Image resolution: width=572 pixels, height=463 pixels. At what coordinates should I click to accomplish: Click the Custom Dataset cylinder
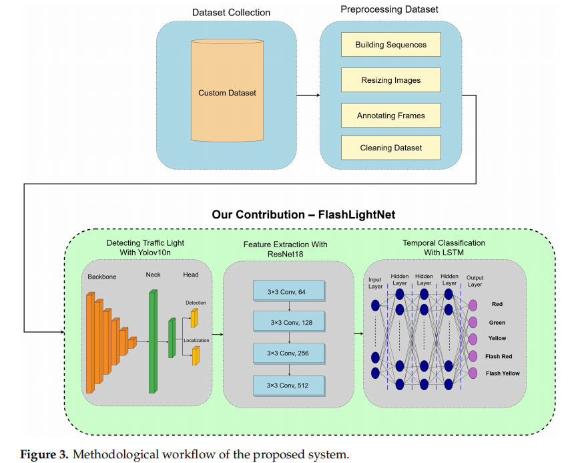click(x=227, y=93)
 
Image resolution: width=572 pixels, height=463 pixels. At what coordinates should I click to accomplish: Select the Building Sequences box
click(x=390, y=45)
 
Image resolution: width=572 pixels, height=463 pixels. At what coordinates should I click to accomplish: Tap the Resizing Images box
click(x=390, y=80)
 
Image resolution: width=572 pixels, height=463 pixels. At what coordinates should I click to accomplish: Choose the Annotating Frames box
click(x=390, y=116)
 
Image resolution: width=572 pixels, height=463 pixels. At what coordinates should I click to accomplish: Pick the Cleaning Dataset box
click(x=390, y=148)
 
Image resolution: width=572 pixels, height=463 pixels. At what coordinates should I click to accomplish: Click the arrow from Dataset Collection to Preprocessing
click(x=308, y=95)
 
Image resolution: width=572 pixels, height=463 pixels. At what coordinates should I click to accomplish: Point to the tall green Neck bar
click(x=153, y=341)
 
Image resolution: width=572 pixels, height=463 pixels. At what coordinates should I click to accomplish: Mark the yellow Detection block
click(x=195, y=318)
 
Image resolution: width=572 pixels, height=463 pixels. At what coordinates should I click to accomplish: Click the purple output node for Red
click(x=473, y=305)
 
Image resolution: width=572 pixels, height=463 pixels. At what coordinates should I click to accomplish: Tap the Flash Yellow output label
click(x=503, y=373)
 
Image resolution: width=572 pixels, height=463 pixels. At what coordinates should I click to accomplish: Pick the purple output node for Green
click(x=473, y=322)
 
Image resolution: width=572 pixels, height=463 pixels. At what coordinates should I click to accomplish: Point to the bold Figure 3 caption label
click(x=43, y=454)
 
